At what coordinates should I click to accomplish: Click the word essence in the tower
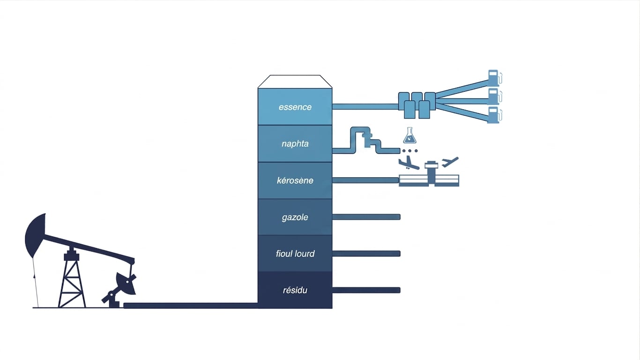295,107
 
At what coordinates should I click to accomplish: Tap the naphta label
295,143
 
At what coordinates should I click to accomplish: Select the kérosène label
295,180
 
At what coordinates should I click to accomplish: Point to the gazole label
295,217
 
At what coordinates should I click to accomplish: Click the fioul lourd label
295,254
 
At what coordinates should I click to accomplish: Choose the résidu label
295,290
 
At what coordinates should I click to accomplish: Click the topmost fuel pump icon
495,77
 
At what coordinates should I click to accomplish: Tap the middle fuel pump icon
495,97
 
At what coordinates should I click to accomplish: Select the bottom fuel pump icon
494,115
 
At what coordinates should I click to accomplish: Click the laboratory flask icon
409,135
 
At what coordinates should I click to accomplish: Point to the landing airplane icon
409,163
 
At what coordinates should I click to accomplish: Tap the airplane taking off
450,162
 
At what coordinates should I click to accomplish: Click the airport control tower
431,172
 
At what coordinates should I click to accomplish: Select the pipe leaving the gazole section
366,217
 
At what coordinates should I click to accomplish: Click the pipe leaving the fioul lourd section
366,254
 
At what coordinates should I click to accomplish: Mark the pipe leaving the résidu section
366,290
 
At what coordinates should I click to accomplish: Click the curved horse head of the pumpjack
35,234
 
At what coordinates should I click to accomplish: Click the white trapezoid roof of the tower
295,82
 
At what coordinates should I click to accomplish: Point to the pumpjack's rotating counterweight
126,283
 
